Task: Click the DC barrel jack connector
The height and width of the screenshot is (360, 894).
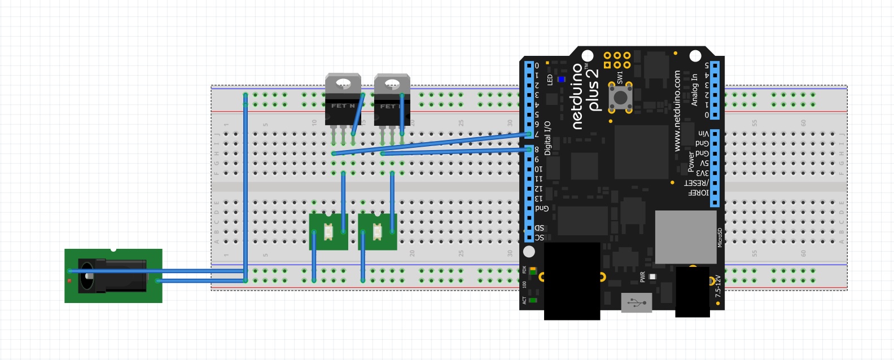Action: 113,275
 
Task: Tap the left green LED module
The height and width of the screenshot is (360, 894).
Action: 328,231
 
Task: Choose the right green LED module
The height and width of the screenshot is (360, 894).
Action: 377,231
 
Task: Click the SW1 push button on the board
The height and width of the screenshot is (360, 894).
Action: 620,98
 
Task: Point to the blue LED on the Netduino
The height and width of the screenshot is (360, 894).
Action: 561,80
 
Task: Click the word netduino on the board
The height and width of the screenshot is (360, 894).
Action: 577,96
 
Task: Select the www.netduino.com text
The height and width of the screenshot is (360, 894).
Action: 677,111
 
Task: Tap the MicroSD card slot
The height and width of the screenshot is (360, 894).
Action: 686,236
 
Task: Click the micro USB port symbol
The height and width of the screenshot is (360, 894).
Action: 637,303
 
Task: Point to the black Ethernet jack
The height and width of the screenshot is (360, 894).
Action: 572,280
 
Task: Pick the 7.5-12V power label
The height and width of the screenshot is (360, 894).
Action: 718,286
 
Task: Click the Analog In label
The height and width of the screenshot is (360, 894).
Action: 695,90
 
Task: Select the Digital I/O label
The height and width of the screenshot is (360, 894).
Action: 547,138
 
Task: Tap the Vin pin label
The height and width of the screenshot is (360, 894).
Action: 703,134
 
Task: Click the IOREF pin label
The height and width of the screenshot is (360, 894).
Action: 699,193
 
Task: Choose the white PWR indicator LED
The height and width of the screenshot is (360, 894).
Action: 652,276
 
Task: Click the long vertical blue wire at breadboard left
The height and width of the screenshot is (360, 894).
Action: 246,186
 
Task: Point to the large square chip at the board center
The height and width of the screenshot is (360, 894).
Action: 641,152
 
